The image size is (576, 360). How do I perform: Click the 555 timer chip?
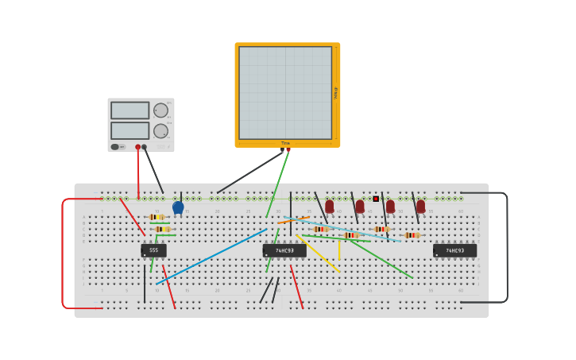click(x=153, y=250)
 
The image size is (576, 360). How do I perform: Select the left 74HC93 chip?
click(x=284, y=250)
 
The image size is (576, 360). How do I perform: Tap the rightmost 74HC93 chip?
click(x=454, y=250)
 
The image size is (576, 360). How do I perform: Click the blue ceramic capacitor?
click(x=178, y=207)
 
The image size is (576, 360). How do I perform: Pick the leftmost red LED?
click(x=330, y=207)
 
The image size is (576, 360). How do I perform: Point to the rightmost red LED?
click(x=420, y=207)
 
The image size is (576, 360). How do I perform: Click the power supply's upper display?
click(x=130, y=110)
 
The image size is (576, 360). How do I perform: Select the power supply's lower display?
click(x=130, y=130)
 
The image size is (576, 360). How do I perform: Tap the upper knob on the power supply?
click(x=160, y=110)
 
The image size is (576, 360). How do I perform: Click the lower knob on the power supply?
click(x=160, y=130)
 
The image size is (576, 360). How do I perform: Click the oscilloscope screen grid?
click(x=285, y=92)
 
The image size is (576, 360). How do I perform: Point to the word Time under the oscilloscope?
click(x=285, y=143)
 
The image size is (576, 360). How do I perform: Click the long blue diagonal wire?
click(x=211, y=257)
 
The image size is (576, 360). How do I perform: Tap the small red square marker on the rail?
click(x=376, y=199)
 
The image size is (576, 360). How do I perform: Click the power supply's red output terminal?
click(x=137, y=147)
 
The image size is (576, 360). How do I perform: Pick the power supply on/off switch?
click(x=115, y=147)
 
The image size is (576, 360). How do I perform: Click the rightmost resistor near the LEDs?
click(x=412, y=235)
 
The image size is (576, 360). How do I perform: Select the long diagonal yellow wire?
click(x=318, y=253)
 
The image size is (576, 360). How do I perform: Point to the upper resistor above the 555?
click(x=157, y=217)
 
